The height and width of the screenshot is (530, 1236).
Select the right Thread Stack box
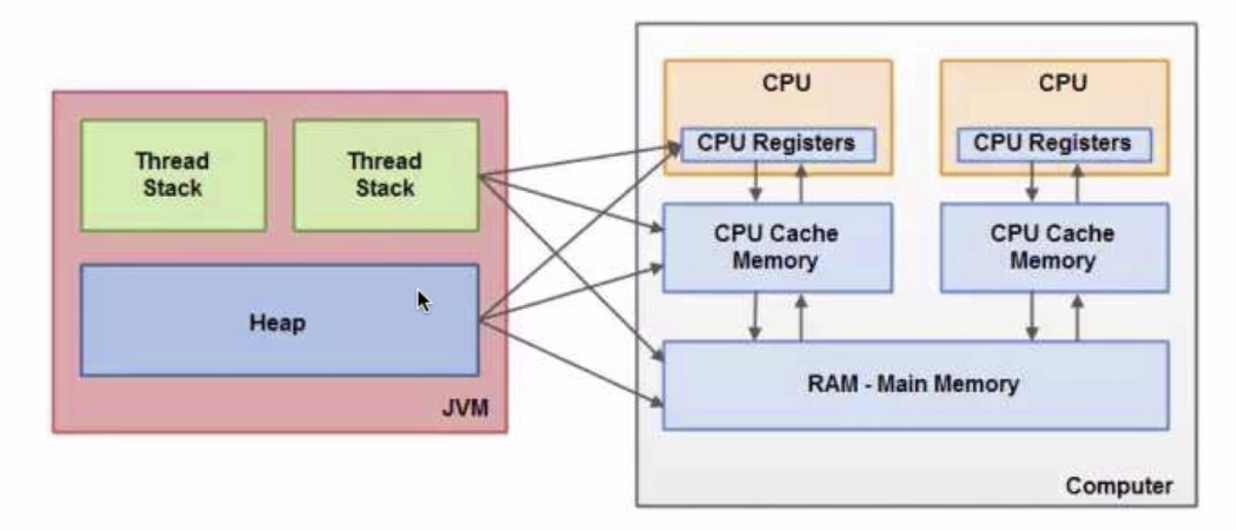[385, 175]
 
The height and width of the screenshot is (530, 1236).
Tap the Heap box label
[278, 323]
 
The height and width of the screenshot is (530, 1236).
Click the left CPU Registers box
[777, 144]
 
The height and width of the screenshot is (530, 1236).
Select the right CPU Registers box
[1053, 144]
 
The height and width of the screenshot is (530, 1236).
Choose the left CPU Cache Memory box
[777, 247]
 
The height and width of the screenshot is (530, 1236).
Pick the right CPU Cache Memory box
[1053, 247]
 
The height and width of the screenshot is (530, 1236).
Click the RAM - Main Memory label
[913, 384]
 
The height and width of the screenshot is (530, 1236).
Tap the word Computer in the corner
[1119, 486]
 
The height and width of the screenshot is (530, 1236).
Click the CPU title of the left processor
[787, 83]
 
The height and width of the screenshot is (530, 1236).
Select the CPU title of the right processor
[1063, 83]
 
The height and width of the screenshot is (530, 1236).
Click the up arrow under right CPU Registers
[1078, 182]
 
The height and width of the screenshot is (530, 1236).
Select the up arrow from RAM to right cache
[1078, 317]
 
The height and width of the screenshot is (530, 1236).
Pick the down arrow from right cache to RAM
[1032, 317]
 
